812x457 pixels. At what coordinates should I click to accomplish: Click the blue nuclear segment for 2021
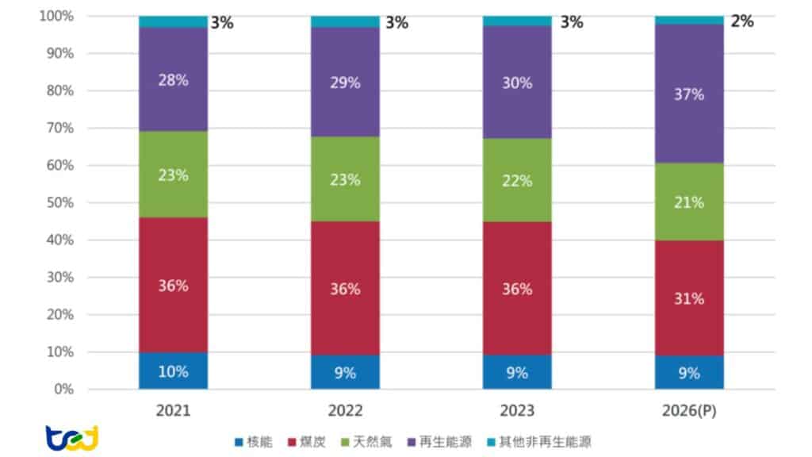click(x=173, y=371)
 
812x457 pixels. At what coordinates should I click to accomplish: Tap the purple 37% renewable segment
click(x=689, y=94)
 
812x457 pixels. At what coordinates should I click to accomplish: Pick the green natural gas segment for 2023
click(x=517, y=180)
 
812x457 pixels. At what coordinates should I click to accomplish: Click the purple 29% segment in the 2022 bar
click(x=345, y=83)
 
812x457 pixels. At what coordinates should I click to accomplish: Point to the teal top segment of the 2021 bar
click(x=173, y=21)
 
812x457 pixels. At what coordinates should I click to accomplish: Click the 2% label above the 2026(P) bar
click(x=742, y=21)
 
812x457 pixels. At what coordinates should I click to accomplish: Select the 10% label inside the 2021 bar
click(x=173, y=371)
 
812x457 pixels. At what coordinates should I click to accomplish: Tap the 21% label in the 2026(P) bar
click(x=689, y=202)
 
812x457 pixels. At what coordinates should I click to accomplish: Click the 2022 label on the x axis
click(x=345, y=411)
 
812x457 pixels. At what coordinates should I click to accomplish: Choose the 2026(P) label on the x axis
click(x=689, y=411)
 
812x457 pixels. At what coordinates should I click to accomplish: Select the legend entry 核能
click(x=254, y=442)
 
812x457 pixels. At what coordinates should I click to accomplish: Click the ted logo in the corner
click(x=71, y=437)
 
